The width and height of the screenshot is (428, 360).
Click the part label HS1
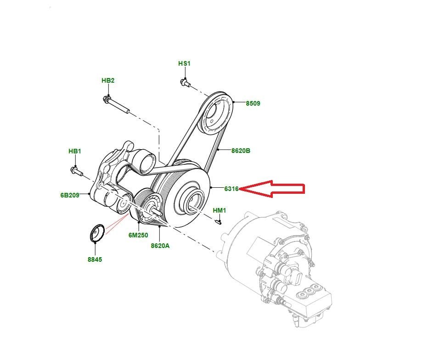coord(184,63)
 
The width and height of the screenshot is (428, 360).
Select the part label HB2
coord(108,80)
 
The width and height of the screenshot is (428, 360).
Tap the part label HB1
coord(75,151)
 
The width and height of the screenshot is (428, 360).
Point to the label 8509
coord(253,104)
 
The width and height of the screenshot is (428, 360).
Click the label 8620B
coord(241,150)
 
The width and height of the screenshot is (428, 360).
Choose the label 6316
coord(231,189)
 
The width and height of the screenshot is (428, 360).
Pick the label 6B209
coord(70,195)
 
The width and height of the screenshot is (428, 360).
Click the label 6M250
coord(137,235)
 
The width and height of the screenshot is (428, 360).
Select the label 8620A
coord(160,246)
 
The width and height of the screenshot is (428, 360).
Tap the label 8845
coord(95,259)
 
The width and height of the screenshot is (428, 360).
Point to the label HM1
coord(220,211)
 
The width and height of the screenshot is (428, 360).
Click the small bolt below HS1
coord(184,83)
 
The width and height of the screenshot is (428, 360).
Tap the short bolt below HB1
coord(76,171)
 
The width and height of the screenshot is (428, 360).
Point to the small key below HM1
coord(219,222)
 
